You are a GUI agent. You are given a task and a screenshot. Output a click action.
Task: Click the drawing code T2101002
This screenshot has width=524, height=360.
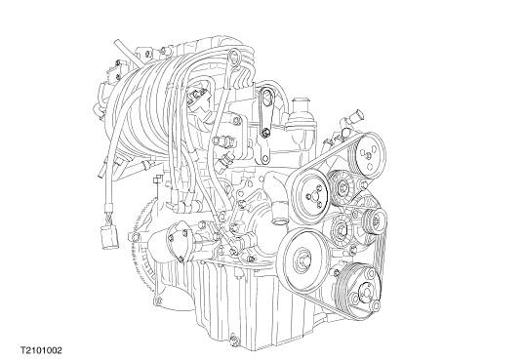(x=41, y=350)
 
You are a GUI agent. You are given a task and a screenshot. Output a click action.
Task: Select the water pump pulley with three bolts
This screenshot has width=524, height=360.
(x=309, y=195)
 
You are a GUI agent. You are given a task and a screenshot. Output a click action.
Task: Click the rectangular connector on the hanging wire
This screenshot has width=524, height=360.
(x=109, y=237)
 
